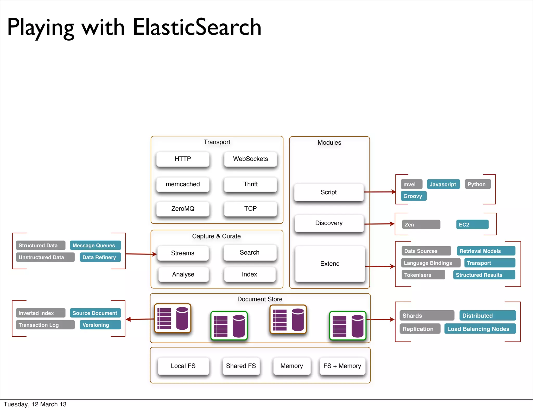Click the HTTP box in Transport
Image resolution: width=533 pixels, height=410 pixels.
(x=183, y=159)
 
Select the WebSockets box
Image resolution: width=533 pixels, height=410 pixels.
(x=250, y=159)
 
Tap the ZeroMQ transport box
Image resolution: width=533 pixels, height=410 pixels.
(x=183, y=209)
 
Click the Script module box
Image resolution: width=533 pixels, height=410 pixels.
(x=328, y=192)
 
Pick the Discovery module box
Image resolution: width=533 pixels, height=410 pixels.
(x=329, y=223)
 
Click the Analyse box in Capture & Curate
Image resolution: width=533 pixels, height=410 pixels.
(x=183, y=274)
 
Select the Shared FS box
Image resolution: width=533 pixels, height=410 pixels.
(x=241, y=366)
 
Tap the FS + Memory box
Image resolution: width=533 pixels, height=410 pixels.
(x=342, y=366)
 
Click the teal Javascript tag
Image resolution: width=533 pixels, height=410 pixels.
(x=443, y=184)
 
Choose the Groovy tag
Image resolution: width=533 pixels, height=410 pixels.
(x=413, y=196)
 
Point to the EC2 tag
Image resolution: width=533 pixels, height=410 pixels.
(x=472, y=225)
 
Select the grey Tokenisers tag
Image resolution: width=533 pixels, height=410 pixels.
(x=423, y=275)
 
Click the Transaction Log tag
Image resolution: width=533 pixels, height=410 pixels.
(x=45, y=325)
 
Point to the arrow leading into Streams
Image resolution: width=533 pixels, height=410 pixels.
(x=141, y=254)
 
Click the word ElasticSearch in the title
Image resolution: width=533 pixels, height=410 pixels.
(x=197, y=27)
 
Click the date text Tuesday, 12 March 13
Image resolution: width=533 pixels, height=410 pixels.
(x=35, y=404)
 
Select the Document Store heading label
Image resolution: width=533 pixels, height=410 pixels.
(x=260, y=299)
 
